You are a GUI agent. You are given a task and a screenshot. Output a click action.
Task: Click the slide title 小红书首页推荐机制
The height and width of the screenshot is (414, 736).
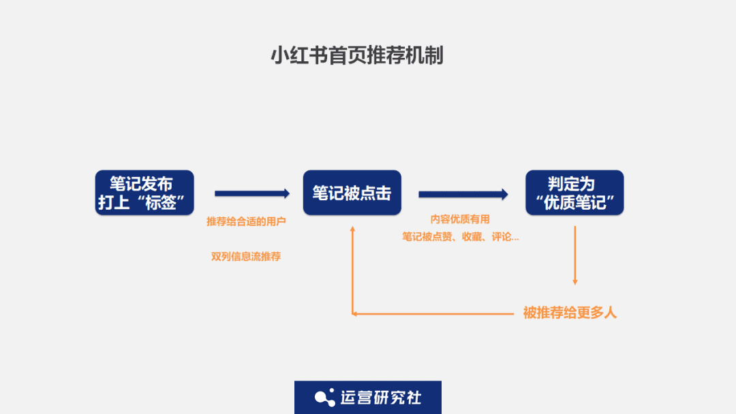357,55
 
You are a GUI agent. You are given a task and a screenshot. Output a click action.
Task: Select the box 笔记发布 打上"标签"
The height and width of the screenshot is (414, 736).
144,193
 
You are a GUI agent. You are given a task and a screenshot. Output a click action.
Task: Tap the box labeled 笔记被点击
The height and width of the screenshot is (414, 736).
352,193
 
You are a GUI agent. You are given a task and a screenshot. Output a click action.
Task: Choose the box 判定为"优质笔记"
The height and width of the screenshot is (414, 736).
574,193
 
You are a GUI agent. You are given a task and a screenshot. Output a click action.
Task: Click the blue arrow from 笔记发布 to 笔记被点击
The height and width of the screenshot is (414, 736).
251,194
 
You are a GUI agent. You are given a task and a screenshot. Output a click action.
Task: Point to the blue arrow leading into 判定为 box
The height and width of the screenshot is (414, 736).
463,195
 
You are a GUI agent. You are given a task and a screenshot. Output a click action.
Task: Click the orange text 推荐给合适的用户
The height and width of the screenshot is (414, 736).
246,222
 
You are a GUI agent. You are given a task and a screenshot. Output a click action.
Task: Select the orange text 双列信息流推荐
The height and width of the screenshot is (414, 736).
246,257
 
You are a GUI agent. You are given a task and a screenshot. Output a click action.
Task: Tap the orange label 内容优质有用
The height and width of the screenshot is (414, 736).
460,219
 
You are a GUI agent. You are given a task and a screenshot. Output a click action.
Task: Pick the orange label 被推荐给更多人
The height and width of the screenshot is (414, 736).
570,313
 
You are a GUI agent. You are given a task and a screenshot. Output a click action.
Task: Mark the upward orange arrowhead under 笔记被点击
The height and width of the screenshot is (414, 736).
352,229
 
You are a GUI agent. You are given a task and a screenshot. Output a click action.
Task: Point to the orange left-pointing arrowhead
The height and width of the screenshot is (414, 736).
355,313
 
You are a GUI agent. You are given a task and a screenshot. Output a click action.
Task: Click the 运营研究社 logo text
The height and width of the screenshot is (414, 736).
380,398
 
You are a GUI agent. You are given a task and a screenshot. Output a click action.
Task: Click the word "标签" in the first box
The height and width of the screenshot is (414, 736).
161,202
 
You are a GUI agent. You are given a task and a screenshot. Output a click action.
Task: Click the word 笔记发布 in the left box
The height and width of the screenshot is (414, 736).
141,184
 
